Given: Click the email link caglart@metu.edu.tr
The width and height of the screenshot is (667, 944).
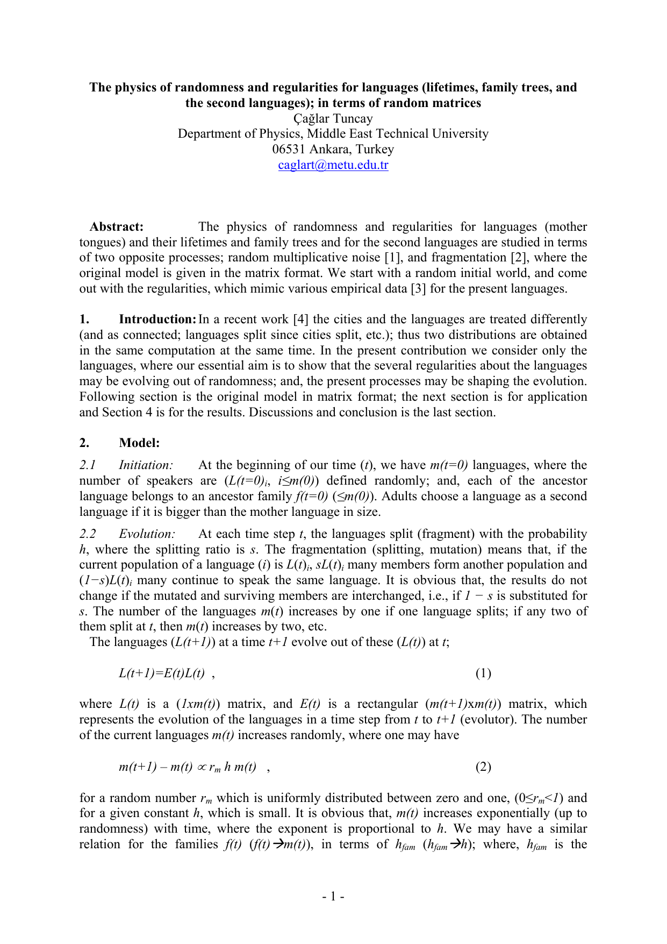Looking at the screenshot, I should click(x=333, y=165).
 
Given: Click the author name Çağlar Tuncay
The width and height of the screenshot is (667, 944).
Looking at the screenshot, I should click(x=333, y=118).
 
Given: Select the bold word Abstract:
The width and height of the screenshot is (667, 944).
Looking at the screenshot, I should click(x=117, y=226).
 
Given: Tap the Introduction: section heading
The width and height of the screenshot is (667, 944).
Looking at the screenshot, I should click(x=157, y=320).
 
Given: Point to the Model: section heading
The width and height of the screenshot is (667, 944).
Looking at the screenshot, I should click(x=139, y=443).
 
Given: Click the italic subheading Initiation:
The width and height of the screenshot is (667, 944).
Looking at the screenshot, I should click(x=146, y=465).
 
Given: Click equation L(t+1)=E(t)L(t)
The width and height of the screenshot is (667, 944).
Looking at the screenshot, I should click(x=162, y=673).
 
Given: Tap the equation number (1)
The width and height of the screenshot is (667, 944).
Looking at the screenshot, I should click(x=483, y=673).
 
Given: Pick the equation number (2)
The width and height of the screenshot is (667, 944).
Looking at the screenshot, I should click(x=483, y=767).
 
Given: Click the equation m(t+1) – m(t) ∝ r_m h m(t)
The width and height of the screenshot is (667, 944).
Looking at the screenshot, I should click(x=188, y=767).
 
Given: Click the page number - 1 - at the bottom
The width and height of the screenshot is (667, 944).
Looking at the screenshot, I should click(x=333, y=896).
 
